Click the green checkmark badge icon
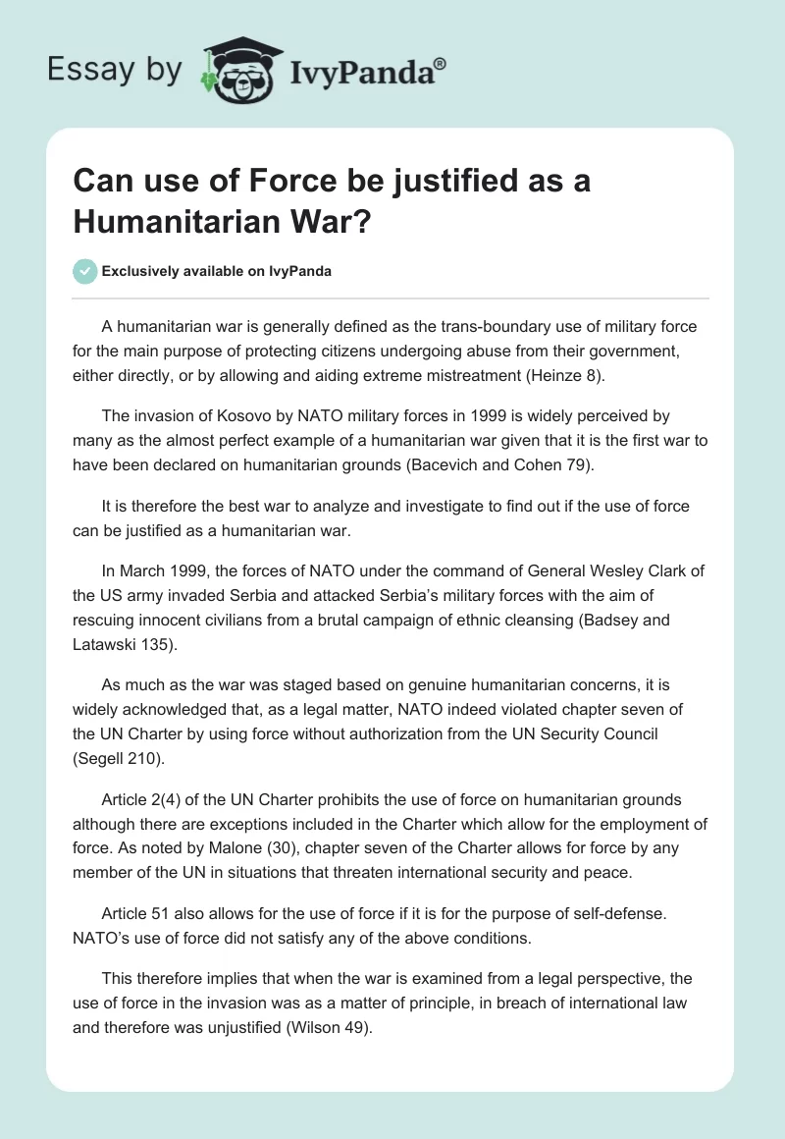pyautogui.click(x=85, y=271)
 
